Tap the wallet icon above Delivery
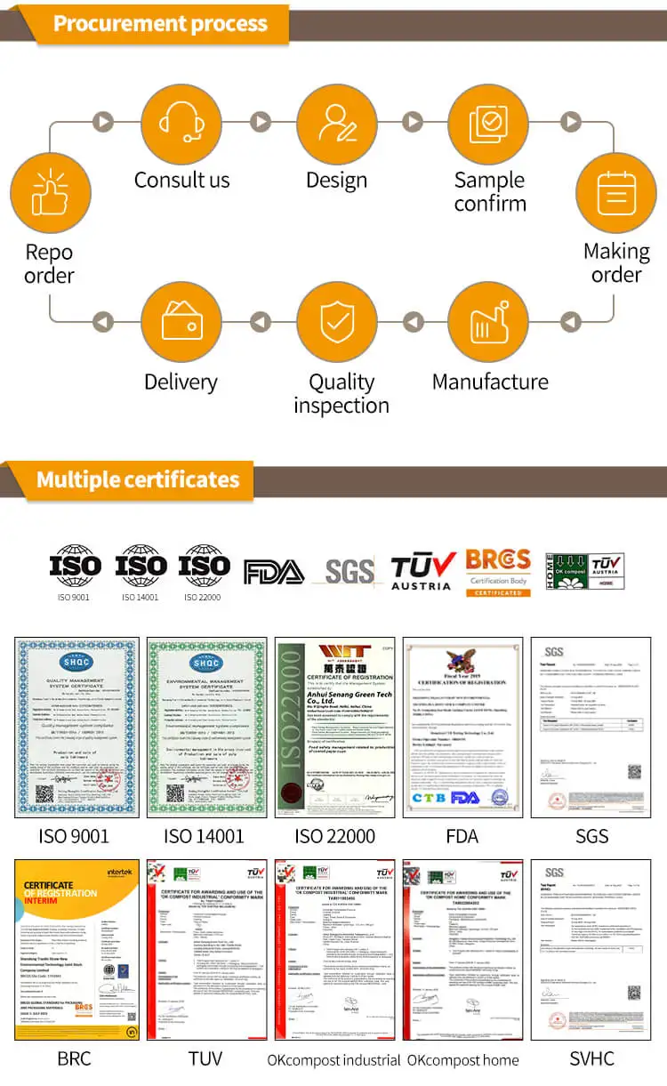(181, 321)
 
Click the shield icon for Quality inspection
(336, 321)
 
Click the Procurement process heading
(160, 23)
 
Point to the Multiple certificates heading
(138, 480)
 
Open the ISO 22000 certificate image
(334, 728)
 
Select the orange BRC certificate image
(75, 950)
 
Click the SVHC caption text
(591, 1058)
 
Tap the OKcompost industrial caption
(334, 1059)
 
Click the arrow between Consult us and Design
(260, 121)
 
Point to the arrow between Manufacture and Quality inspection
(413, 321)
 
